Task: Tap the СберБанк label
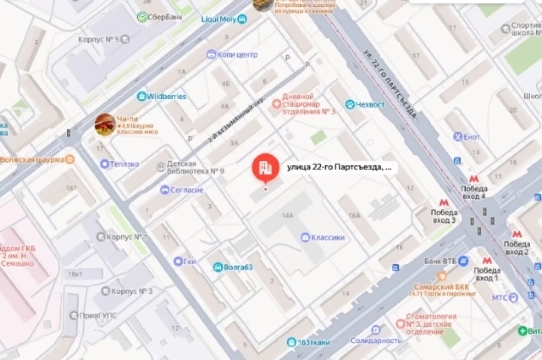[160, 17]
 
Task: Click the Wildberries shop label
[162, 96]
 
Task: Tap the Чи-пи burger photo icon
[105, 124]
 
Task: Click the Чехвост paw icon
[350, 105]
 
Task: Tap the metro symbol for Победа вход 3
[444, 203]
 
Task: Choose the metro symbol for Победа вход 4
[474, 179]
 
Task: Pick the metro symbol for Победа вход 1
[486, 261]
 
